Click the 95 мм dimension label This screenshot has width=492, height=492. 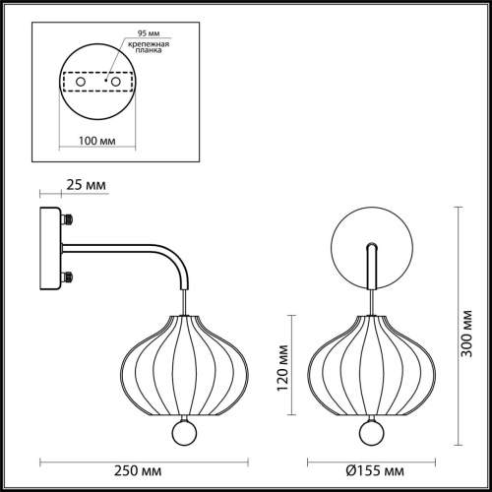click(149, 33)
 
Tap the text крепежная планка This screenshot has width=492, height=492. click(149, 47)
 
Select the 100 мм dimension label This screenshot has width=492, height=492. click(97, 141)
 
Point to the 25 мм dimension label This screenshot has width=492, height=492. click(87, 185)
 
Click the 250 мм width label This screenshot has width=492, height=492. click(138, 471)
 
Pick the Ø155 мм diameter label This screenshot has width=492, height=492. click(375, 471)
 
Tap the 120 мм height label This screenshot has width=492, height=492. click(282, 368)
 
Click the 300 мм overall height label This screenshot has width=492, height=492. click(466, 334)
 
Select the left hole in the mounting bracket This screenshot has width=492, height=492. click(81, 82)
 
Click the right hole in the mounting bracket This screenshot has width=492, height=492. click(115, 82)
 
